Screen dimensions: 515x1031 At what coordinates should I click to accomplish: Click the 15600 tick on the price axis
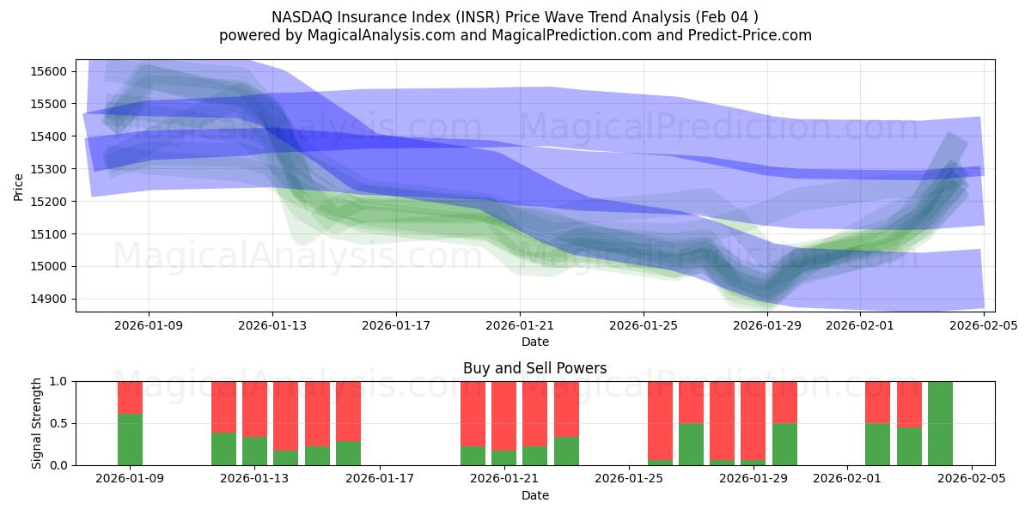53,71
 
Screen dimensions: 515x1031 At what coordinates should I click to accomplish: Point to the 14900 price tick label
53,299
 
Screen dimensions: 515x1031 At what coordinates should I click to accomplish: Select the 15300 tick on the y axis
53,169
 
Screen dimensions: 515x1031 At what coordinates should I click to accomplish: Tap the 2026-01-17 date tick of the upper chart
396,325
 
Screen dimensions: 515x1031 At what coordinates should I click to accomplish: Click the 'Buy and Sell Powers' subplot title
534,368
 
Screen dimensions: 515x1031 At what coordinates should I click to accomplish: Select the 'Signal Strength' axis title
36,423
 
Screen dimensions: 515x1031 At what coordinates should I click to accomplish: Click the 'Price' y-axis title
19,185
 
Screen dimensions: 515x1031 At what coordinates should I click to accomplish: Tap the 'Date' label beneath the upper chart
534,342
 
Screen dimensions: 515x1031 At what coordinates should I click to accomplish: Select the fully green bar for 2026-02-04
940,423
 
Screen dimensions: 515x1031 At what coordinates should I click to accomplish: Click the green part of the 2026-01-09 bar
130,439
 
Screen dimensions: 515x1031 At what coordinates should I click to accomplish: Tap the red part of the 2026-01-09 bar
130,397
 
